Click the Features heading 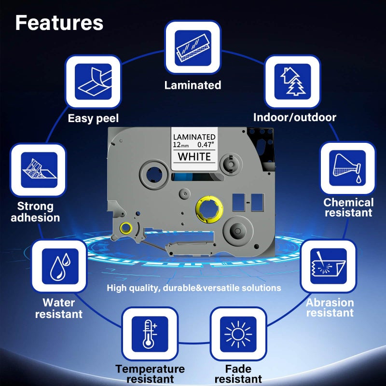point(59,23)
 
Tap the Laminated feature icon point(193,47)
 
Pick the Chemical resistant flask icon point(348,169)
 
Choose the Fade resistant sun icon point(238,334)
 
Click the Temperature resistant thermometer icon point(150,334)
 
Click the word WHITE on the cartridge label point(194,156)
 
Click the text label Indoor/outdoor point(295,117)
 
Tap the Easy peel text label point(93,118)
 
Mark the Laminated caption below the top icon point(193,85)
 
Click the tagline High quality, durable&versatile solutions point(194,288)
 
